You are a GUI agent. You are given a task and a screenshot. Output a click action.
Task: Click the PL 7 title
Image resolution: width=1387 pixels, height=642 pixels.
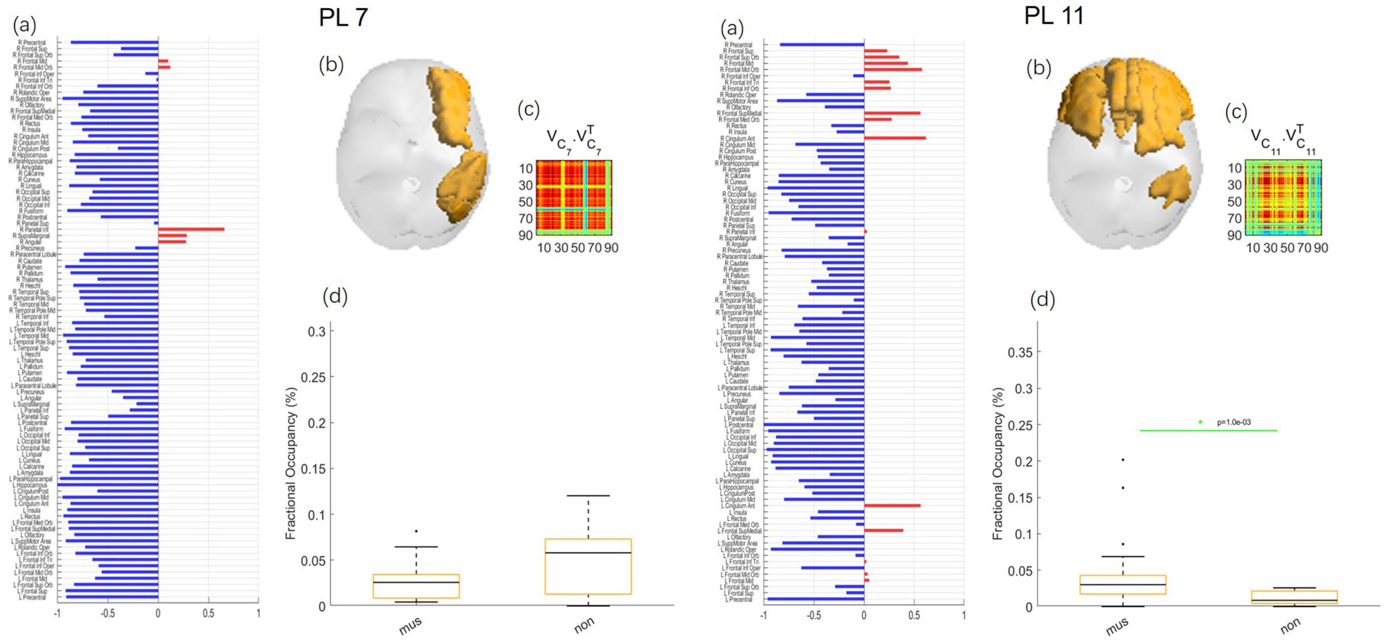point(344,17)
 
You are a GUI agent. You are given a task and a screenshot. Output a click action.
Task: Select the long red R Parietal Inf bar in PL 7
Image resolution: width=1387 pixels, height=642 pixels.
point(191,229)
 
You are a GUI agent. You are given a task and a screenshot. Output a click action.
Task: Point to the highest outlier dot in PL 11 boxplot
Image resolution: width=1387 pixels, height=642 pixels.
point(1123,460)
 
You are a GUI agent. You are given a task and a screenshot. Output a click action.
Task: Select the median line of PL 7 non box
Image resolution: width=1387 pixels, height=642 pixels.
point(588,553)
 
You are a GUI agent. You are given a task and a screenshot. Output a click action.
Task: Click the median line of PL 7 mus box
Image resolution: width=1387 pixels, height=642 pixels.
point(416,582)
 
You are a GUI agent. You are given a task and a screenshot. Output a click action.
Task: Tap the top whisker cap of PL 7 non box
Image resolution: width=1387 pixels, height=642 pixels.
point(588,495)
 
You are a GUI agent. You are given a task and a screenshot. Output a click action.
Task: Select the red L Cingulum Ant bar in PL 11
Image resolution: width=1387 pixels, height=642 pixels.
point(892,506)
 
